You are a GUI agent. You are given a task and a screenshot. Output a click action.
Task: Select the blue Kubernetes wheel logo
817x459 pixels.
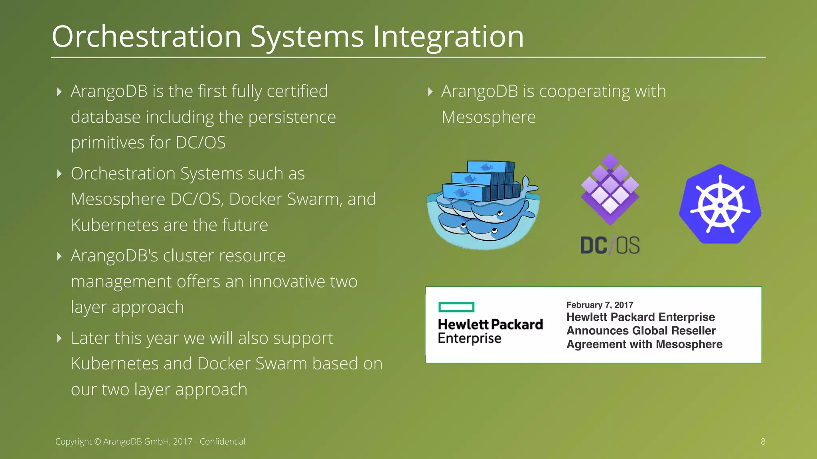point(720,204)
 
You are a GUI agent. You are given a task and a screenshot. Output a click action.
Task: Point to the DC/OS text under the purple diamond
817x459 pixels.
point(610,245)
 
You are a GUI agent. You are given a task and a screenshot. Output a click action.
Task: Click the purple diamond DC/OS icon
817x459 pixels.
point(610,190)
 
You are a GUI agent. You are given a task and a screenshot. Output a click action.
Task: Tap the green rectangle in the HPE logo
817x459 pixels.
point(456,307)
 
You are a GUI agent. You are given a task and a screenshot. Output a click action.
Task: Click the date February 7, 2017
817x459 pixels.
point(600,305)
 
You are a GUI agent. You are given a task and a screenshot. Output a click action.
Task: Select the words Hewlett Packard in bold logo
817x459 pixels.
point(490,324)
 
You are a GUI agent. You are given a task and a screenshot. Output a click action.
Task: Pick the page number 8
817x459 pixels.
point(763,441)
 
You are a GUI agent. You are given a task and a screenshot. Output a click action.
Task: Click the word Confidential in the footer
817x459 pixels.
point(222,441)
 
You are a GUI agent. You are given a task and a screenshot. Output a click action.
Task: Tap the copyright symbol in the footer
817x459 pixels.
point(98,442)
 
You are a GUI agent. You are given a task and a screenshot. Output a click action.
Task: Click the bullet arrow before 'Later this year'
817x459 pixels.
point(59,338)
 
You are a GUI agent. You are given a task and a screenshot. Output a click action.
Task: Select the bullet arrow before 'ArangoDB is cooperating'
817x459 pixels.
point(430,92)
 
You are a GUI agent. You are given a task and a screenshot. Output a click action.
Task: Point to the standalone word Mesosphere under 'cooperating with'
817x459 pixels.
point(488,117)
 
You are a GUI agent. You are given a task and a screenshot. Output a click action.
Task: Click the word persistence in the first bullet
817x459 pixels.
point(292,117)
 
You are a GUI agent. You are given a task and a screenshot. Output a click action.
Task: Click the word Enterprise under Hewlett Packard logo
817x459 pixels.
point(469,339)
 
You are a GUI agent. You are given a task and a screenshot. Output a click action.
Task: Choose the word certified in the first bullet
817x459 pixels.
point(297,91)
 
